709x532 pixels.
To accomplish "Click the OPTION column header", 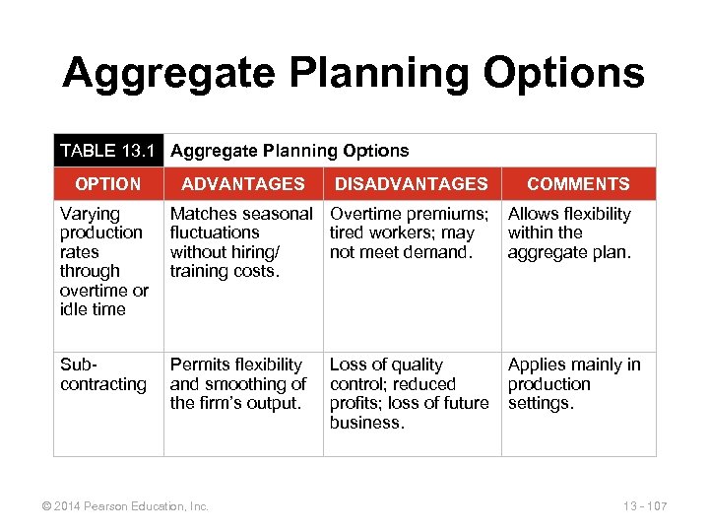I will click(107, 184).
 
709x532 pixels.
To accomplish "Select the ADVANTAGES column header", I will click(242, 184).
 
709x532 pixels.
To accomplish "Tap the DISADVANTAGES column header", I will click(411, 184).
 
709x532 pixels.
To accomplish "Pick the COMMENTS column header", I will click(578, 184).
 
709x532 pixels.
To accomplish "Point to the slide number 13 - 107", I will click(645, 506).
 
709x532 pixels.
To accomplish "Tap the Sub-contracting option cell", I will click(102, 375).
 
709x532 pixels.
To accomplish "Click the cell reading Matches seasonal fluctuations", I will click(241, 242).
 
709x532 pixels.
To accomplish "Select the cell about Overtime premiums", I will click(409, 233).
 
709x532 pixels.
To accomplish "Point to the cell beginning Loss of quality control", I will click(409, 393).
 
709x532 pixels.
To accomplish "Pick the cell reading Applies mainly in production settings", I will click(574, 384).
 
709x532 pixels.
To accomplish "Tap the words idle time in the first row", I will click(93, 309).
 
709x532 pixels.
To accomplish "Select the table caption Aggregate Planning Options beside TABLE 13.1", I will click(290, 151).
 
